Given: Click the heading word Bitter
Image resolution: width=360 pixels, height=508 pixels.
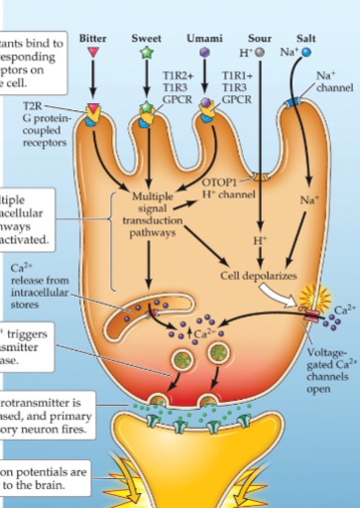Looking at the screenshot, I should tap(93, 37).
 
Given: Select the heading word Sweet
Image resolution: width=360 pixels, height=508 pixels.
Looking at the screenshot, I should tap(147, 37).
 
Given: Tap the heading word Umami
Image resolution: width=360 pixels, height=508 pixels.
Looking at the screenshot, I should tap(204, 37).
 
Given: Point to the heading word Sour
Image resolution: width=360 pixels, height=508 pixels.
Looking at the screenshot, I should tap(260, 37).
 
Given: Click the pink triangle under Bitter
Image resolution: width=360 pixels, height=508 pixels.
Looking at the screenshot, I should tap(93, 52).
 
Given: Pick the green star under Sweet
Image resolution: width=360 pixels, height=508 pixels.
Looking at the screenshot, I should tap(147, 51).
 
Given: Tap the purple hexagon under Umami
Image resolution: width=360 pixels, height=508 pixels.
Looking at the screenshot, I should tap(204, 51).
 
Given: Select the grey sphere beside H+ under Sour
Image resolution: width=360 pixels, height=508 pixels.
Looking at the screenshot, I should tap(261, 52).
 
